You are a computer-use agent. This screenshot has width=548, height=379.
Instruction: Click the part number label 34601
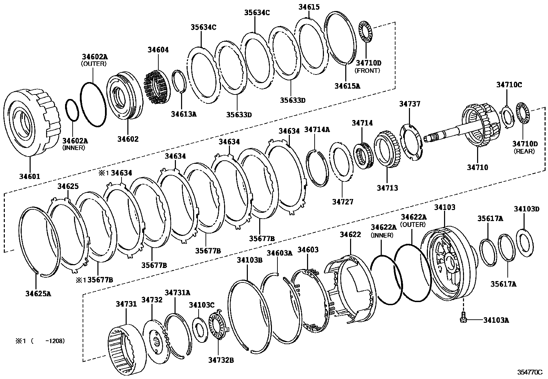(29, 177)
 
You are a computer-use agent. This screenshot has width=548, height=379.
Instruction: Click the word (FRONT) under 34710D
(368, 70)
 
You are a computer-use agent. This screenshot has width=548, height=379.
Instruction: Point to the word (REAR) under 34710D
(524, 151)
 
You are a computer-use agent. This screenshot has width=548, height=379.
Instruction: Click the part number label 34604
(158, 50)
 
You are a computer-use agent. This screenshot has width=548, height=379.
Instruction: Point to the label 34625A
(38, 294)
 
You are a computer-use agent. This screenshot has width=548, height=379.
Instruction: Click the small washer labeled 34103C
(200, 330)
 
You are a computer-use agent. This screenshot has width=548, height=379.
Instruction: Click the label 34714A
(317, 129)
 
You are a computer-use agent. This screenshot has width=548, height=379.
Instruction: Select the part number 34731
(126, 304)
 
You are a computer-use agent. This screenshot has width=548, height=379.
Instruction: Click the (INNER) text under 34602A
(74, 148)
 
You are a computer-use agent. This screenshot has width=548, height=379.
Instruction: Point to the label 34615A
(347, 86)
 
